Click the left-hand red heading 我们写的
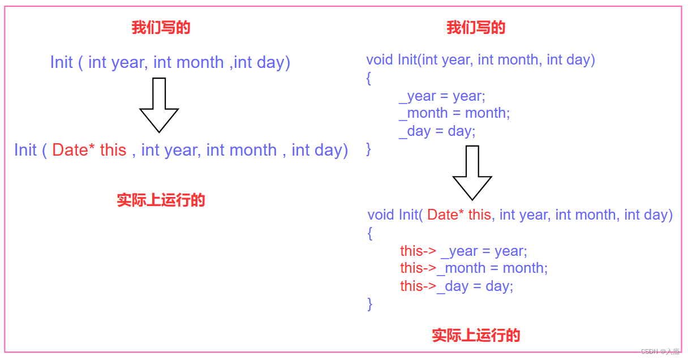[161, 28]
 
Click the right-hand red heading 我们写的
[476, 28]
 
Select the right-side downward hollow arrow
[472, 173]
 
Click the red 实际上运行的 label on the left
[161, 200]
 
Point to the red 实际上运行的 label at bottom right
[476, 335]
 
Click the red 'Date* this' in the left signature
[89, 150]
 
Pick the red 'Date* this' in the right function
[459, 215]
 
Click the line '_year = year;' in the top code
[442, 96]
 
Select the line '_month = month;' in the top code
[454, 113]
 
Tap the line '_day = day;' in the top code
[437, 131]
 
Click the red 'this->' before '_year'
[418, 251]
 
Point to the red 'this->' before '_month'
[418, 268]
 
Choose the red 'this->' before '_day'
[418, 286]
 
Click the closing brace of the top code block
[369, 149]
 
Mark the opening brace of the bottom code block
[370, 233]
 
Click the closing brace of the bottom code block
[370, 304]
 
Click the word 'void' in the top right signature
[380, 60]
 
